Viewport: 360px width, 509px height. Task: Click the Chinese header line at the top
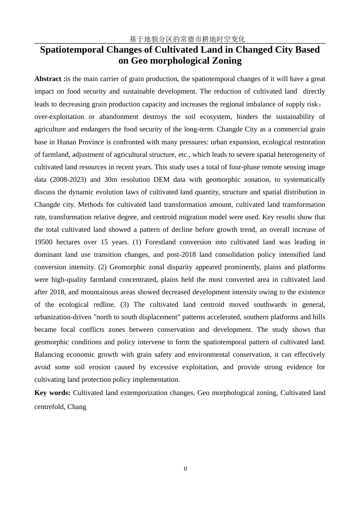[x=187, y=39]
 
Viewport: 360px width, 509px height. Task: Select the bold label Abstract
[x=48, y=79]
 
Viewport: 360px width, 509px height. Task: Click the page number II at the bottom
[x=185, y=468]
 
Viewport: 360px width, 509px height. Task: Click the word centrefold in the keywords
[x=49, y=407]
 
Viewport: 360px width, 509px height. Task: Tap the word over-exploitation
[x=59, y=117]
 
